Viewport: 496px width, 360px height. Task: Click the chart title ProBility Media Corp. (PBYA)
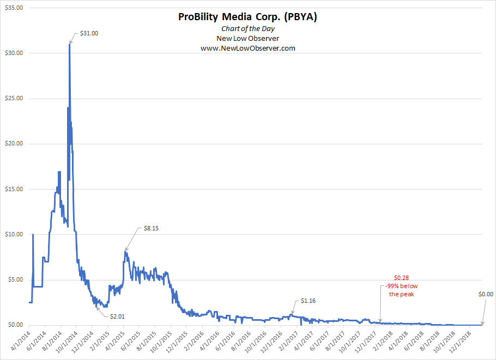(247, 17)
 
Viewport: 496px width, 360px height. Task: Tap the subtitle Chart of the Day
(247, 28)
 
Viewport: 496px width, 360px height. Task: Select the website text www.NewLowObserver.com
(247, 48)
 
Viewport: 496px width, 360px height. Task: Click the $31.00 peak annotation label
(88, 34)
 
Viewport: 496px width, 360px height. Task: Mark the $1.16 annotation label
(308, 301)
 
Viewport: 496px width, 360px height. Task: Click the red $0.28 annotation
(401, 278)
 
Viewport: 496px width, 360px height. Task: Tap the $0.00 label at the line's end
(485, 295)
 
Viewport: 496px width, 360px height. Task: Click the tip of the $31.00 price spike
(69, 44)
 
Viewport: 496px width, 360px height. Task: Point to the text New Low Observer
(247, 38)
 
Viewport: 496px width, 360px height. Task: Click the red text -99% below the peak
(401, 290)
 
